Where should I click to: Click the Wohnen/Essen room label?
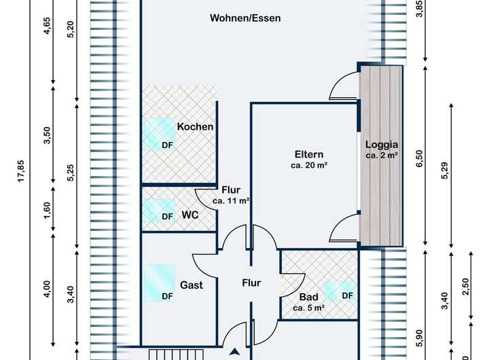[x=245, y=18]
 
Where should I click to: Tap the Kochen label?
[x=196, y=126]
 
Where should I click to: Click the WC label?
[x=190, y=215]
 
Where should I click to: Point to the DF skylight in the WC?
[x=159, y=211]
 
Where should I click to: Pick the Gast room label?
[x=192, y=285]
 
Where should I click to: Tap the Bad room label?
[x=308, y=297]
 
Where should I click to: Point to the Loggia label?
[x=382, y=144]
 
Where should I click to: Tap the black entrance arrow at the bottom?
[x=235, y=352]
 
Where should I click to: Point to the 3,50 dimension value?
[x=47, y=136]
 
